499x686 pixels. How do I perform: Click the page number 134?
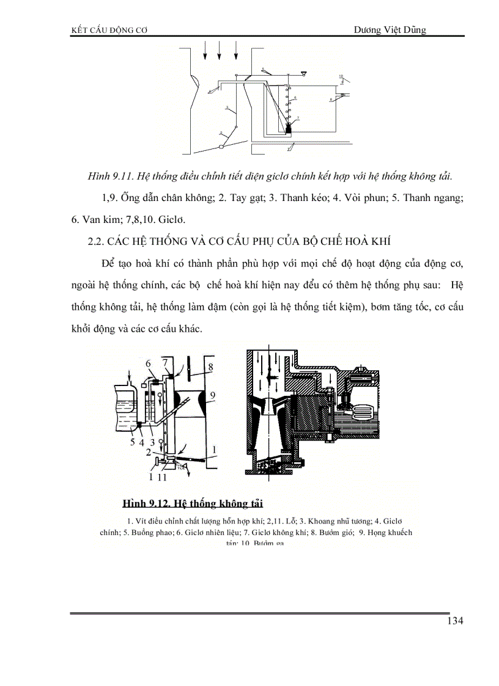click(x=455, y=621)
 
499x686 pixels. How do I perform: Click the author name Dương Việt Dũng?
click(x=390, y=29)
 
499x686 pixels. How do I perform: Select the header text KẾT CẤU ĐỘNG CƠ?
click(x=109, y=30)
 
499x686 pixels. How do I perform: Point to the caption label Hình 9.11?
click(x=108, y=177)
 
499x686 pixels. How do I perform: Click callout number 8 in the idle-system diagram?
click(x=210, y=367)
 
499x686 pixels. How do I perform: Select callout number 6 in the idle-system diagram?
click(x=147, y=363)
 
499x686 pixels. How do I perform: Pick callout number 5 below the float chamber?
click(x=132, y=442)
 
